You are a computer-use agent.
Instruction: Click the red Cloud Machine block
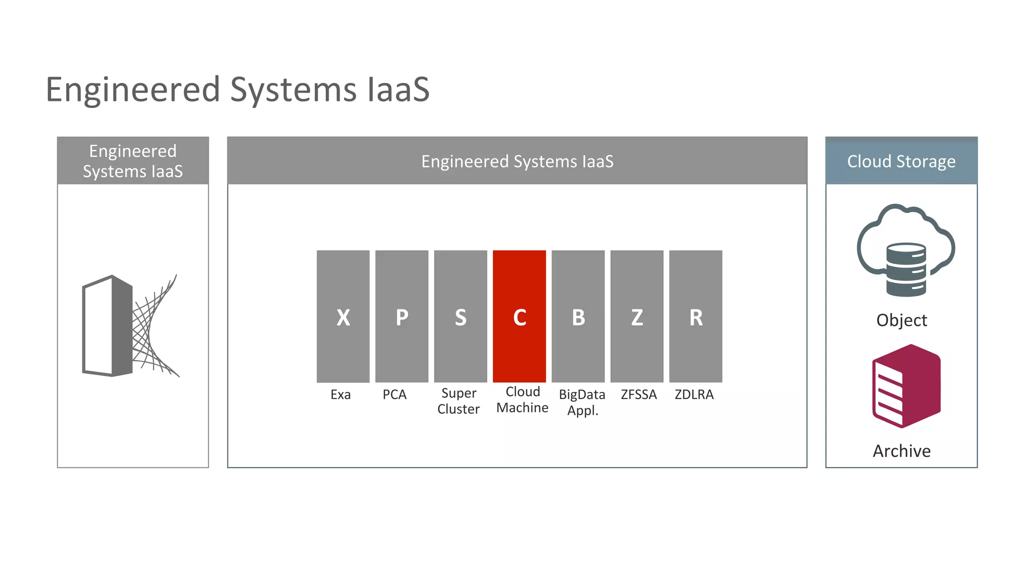click(519, 316)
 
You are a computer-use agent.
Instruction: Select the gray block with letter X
click(343, 316)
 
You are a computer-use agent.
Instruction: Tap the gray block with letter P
click(402, 316)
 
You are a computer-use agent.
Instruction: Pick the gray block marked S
click(461, 316)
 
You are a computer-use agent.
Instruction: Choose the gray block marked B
click(578, 316)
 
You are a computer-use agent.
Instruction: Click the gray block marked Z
click(637, 316)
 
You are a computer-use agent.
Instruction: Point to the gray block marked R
click(696, 316)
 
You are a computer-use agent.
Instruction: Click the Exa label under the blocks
click(341, 394)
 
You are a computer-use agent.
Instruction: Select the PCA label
click(395, 394)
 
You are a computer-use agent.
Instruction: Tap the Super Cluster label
click(459, 401)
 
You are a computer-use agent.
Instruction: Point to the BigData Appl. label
click(582, 402)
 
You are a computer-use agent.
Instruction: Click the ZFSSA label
click(639, 394)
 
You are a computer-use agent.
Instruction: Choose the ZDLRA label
click(694, 394)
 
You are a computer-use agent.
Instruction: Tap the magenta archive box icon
click(906, 386)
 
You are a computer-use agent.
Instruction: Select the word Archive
click(902, 451)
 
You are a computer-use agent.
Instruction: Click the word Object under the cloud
click(902, 320)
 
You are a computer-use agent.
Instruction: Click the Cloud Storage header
click(901, 161)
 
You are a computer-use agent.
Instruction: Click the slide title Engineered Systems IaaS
click(238, 90)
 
